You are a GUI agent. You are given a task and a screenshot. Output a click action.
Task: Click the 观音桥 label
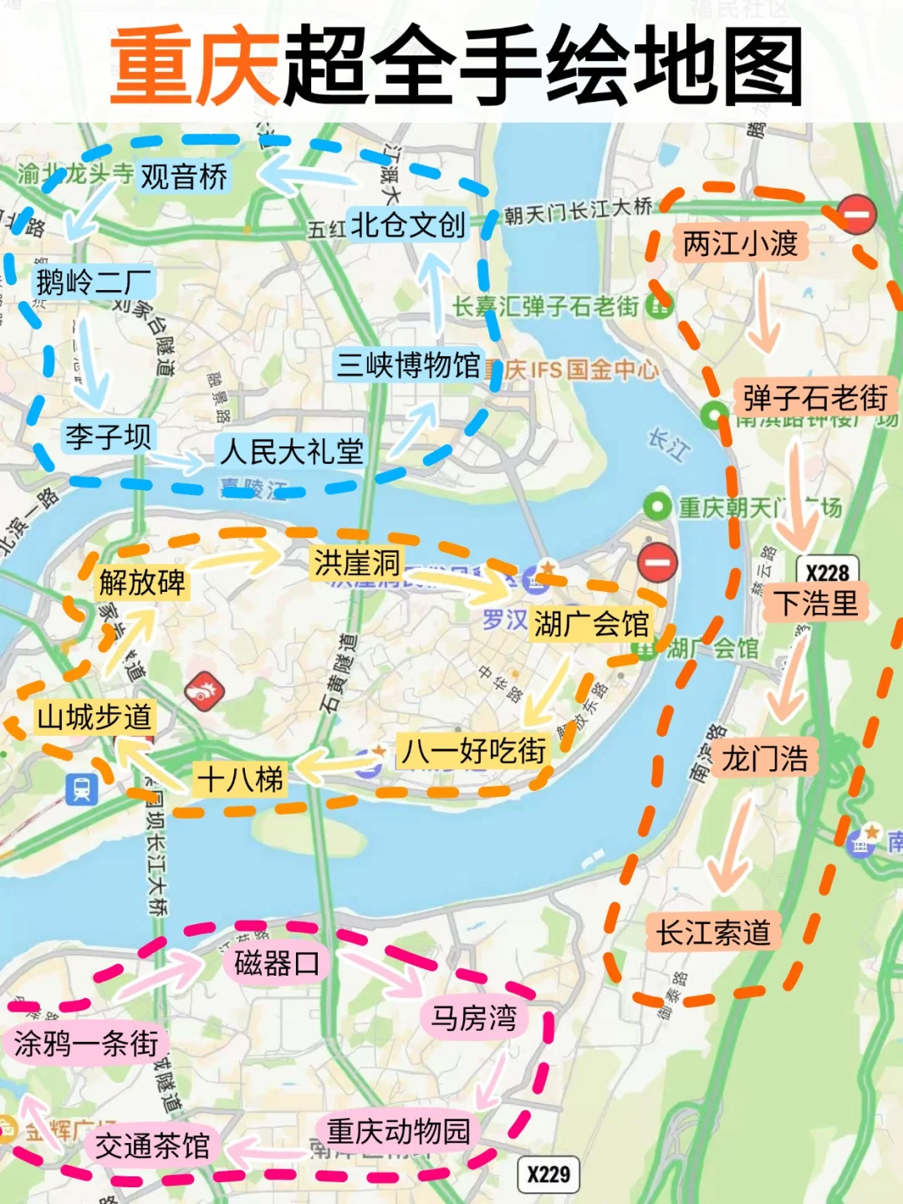coord(183,176)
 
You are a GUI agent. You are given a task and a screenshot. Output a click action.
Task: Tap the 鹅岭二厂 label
coord(94,283)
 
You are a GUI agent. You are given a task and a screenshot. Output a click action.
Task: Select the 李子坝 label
coord(108,436)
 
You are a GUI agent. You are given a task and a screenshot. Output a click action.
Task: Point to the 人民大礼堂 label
coord(291,451)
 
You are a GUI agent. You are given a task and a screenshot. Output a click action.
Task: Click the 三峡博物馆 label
coord(408,365)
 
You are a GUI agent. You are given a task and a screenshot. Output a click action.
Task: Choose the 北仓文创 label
coord(407,225)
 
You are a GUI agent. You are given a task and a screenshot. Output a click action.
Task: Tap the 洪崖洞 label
coord(357,563)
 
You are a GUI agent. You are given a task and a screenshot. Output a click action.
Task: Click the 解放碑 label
coord(142,582)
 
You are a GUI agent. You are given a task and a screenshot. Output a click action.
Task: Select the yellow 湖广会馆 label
coord(591,623)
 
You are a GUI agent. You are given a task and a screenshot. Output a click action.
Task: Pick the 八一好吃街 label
coord(473,750)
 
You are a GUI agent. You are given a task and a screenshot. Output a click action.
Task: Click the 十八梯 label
coord(240,779)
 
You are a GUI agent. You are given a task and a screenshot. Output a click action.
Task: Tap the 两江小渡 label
coord(740,243)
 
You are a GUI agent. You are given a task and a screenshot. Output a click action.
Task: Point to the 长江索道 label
coord(712,932)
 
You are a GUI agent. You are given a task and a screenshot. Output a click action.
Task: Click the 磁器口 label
coord(277,963)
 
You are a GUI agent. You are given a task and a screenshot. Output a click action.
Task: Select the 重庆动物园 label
coord(398,1131)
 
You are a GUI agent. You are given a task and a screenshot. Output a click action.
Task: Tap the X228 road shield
coord(827,572)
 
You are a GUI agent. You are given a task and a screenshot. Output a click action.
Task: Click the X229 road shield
coord(548,1174)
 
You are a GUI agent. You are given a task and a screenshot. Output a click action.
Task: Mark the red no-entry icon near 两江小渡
coord(856,214)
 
